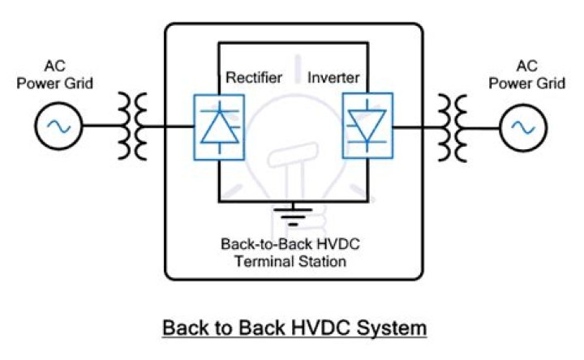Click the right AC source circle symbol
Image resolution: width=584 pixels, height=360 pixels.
coord(522,127)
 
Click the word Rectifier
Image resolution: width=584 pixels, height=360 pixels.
coord(254,78)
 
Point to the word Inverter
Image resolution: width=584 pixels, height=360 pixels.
coord(333,78)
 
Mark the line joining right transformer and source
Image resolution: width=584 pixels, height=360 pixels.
coord(484,127)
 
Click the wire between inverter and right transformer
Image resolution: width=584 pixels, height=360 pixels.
coord(410,127)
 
